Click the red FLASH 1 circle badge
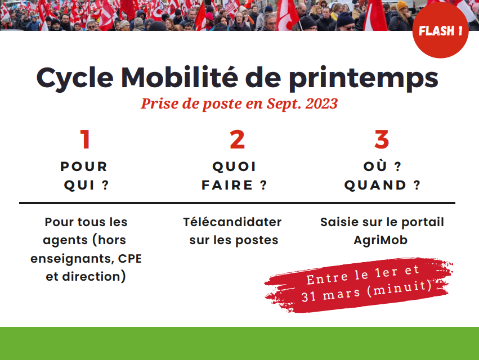[440, 30]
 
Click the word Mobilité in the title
[180, 77]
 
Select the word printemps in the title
[364, 79]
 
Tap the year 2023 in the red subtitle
[321, 103]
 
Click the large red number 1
[85, 139]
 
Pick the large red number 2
[238, 139]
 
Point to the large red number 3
[382, 139]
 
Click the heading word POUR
[84, 166]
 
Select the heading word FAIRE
[227, 185]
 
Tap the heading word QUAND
[375, 185]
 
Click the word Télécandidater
[232, 222]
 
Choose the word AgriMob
[380, 240]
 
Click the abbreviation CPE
[130, 259]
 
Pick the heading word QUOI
[234, 166]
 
